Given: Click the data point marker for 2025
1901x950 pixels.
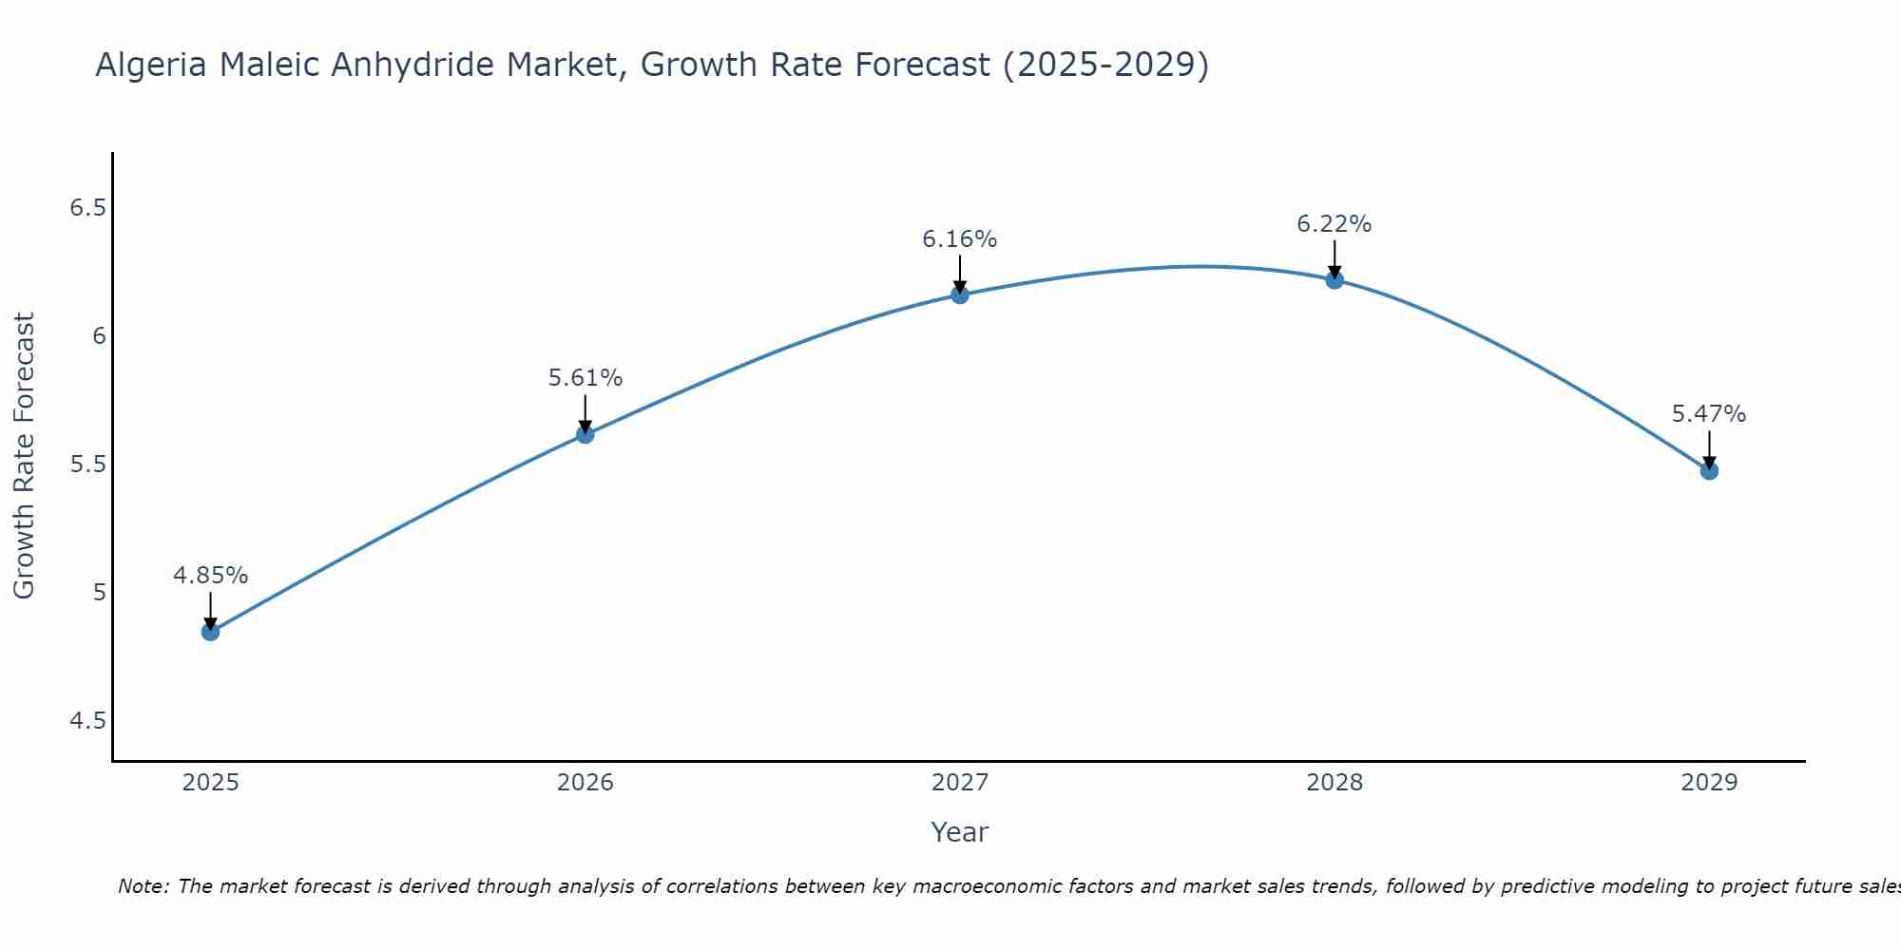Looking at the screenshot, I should pos(210,632).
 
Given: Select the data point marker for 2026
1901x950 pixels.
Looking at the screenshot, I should pos(586,434).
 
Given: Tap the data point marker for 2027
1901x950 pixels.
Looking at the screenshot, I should pos(960,294).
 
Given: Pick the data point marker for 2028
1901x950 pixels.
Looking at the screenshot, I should pos(1335,279).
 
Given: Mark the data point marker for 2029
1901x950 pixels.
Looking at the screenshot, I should pos(1709,470).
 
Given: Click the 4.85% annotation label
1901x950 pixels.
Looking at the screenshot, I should pos(210,576).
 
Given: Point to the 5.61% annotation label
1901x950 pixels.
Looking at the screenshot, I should pos(586,378).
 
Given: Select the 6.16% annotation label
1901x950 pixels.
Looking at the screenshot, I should pos(960,239).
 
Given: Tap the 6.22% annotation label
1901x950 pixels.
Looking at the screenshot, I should pos(1335,224).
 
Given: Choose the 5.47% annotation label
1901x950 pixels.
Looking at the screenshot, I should pos(1709,414).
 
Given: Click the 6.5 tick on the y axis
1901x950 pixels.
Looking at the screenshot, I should pos(87,208).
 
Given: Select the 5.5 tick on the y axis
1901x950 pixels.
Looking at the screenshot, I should pos(87,465).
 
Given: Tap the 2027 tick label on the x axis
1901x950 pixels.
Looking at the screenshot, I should pos(960,783).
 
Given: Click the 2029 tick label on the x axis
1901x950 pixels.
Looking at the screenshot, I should pos(1709,783).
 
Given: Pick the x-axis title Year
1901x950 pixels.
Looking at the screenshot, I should pos(960,832).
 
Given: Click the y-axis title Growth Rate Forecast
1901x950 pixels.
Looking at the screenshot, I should pos(25,456).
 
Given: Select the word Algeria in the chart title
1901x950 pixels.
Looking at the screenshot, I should pos(152,66).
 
